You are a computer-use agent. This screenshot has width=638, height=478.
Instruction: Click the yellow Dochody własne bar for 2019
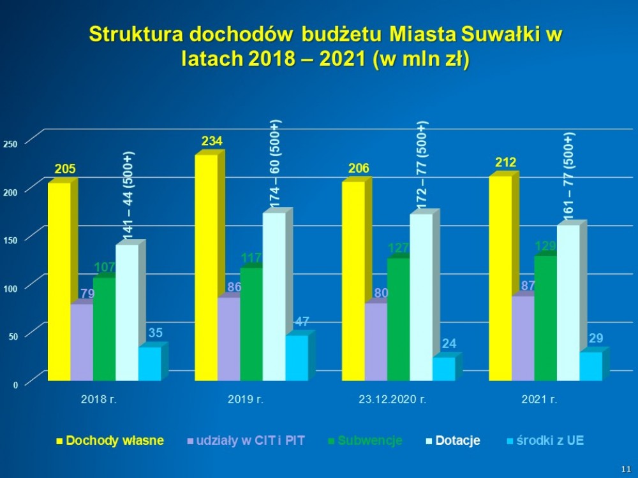(x=206, y=268)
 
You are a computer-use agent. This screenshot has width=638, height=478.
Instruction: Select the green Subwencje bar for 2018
(x=104, y=328)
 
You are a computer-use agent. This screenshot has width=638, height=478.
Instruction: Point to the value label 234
(x=212, y=141)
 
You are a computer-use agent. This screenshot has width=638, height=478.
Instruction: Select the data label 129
(x=545, y=246)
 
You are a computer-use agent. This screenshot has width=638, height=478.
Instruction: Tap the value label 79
(x=87, y=294)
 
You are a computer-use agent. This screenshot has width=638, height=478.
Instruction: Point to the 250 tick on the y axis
(x=10, y=145)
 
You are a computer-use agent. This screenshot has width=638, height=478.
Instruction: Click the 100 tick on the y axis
(x=10, y=289)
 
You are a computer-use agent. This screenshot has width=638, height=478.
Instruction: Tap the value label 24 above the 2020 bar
(x=449, y=344)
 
